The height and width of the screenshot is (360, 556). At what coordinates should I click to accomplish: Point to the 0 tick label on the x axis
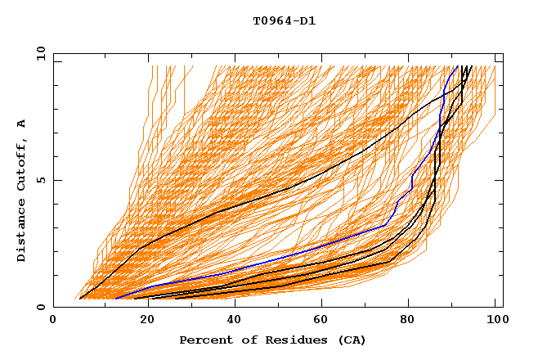tap(53, 321)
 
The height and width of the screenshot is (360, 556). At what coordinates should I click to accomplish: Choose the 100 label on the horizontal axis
tap(495, 321)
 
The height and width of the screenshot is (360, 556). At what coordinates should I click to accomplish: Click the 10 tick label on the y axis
tap(40, 53)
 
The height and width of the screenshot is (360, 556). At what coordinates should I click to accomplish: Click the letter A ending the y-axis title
tap(22, 124)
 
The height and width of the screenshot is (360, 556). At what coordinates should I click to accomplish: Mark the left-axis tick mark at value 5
tap(56, 180)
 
